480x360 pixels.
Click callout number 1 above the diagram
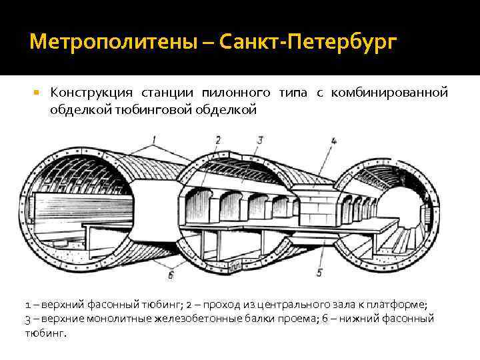155,140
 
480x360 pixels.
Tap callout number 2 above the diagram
218,139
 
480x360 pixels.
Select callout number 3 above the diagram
260,139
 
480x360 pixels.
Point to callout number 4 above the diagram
333,141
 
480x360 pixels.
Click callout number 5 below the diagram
319,273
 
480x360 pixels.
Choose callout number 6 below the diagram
171,274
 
